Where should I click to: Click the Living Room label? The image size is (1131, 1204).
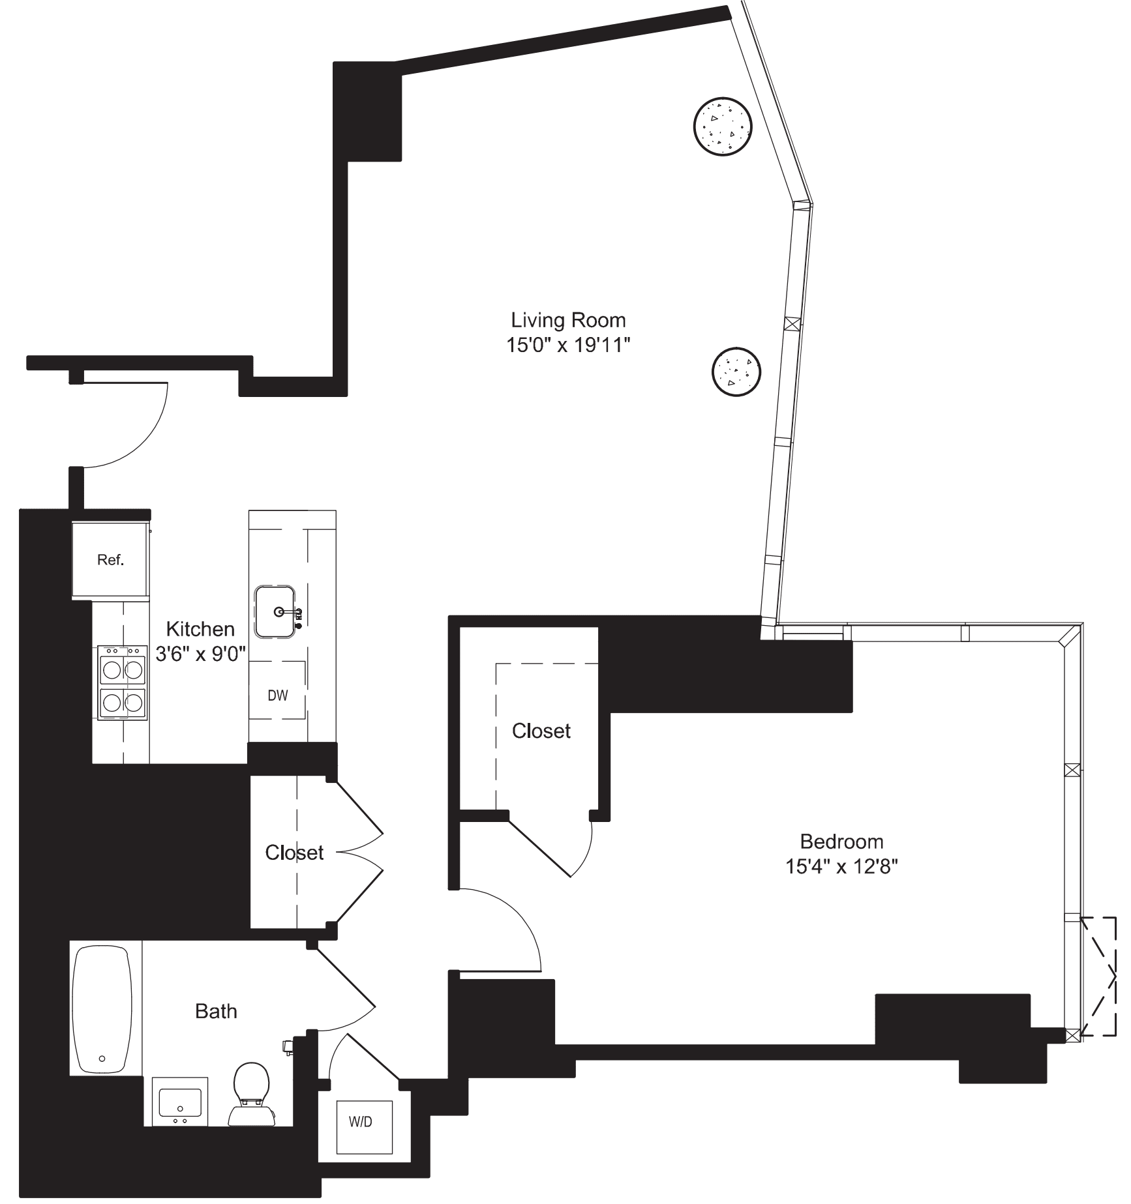pos(567,320)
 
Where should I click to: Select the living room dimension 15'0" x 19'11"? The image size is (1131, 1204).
pos(567,345)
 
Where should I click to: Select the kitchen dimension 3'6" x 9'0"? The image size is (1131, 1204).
pos(200,653)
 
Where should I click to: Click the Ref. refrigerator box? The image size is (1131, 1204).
pos(110,559)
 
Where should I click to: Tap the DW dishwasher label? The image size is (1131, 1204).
pos(277,695)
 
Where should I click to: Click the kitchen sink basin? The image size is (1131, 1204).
pos(275,611)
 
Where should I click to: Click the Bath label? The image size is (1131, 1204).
pos(216,1011)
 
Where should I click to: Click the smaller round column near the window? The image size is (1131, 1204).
pos(736,371)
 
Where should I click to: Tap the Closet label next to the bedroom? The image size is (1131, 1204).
pos(541,731)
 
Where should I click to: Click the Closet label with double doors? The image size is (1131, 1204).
pos(294,852)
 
